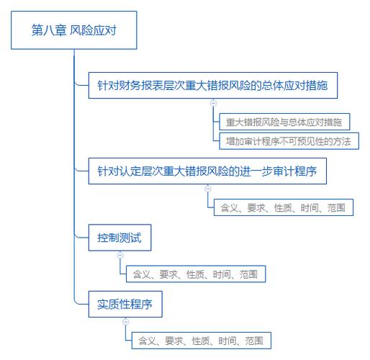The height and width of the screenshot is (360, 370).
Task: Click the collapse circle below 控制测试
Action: coord(120,255)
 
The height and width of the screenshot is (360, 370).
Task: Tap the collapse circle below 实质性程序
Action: coord(126,322)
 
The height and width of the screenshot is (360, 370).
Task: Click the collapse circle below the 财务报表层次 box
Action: coord(213,103)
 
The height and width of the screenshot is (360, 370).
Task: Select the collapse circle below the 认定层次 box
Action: coord(208,189)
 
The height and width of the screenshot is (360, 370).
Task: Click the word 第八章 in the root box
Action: coord(49,30)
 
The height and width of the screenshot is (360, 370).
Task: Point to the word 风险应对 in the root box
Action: coord(94,30)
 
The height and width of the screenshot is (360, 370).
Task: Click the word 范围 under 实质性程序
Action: coord(254,341)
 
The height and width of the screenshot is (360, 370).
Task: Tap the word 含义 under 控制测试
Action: coord(142,274)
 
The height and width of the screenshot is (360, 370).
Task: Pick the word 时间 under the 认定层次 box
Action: coord(310,207)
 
